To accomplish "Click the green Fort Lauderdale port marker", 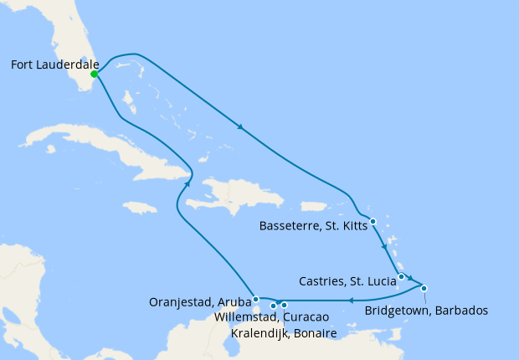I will pyautogui.click(x=95, y=74).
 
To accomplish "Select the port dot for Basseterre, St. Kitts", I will pyautogui.click(x=373, y=222).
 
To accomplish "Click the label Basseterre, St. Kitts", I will pyautogui.click(x=313, y=225).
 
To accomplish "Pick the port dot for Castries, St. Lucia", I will pyautogui.click(x=402, y=276).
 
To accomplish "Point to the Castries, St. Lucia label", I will pyautogui.click(x=347, y=280).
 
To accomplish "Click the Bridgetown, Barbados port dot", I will pyautogui.click(x=424, y=289).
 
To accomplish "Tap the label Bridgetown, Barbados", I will pyautogui.click(x=427, y=311).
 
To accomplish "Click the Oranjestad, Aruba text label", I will pyautogui.click(x=200, y=301).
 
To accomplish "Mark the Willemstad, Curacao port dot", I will pyautogui.click(x=274, y=306).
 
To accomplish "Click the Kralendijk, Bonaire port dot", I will pyautogui.click(x=285, y=305).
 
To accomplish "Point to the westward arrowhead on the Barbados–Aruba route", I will pyautogui.click(x=351, y=300).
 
